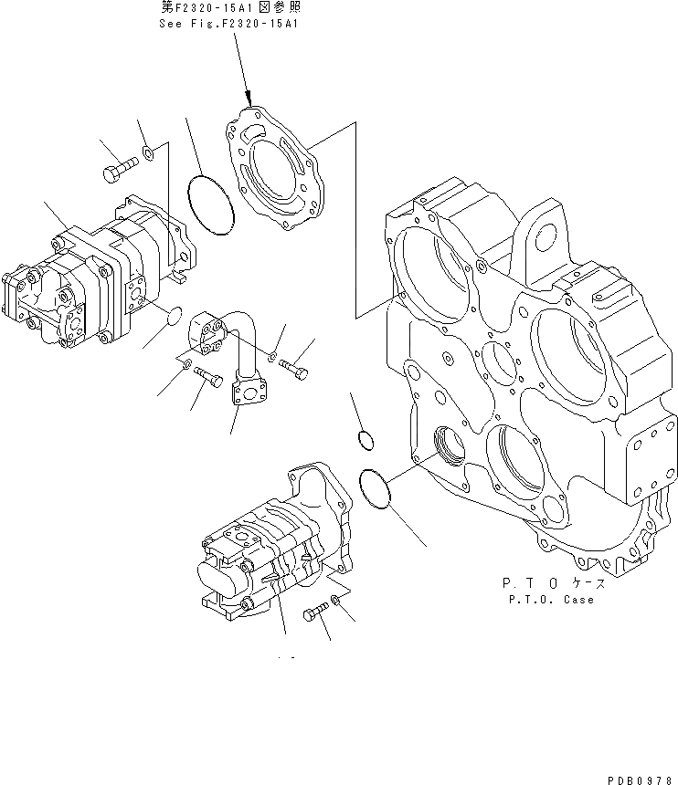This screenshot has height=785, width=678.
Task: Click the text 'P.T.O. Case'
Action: (x=547, y=600)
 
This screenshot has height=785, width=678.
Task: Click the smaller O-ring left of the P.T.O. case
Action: (x=363, y=440)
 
